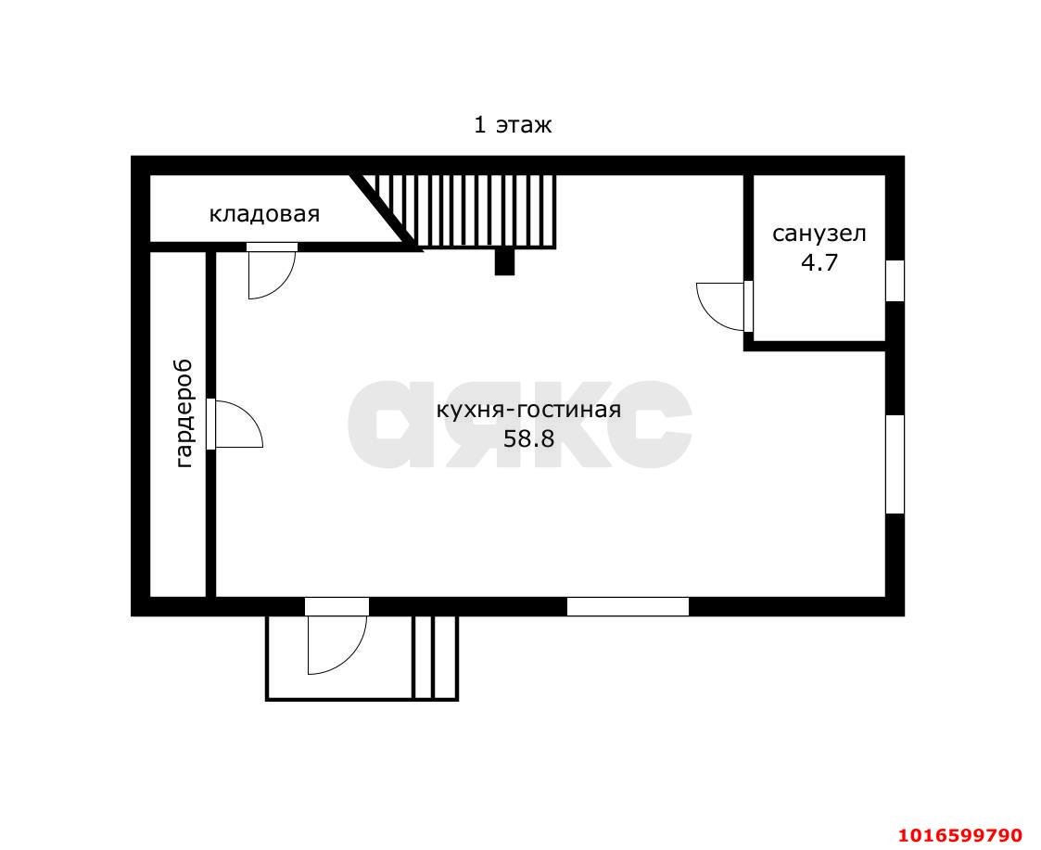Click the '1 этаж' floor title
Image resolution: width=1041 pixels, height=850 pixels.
click(x=512, y=125)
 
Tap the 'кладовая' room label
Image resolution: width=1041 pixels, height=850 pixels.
click(x=264, y=214)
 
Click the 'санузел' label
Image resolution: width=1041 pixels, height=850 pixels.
click(x=819, y=234)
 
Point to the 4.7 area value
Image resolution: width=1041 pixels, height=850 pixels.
click(x=819, y=263)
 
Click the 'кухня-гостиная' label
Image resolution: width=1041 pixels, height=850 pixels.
click(x=528, y=410)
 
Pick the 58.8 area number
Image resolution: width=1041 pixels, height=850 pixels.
click(x=528, y=438)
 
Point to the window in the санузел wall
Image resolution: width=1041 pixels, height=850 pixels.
click(x=895, y=280)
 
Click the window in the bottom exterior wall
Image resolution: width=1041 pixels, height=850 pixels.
click(x=628, y=606)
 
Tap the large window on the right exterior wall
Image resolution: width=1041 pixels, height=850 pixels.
click(x=895, y=464)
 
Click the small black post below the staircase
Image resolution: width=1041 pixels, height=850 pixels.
click(x=504, y=261)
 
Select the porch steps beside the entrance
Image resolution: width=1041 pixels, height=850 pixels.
click(x=436, y=657)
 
